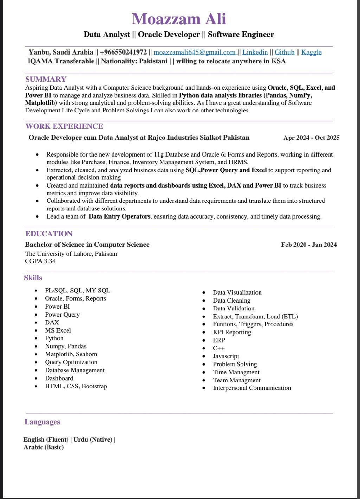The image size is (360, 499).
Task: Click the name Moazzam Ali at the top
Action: (x=179, y=19)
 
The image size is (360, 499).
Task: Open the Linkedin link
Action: (x=255, y=52)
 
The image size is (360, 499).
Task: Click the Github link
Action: (x=284, y=52)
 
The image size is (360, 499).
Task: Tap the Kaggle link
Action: (x=311, y=52)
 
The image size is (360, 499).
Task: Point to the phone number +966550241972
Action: (x=123, y=52)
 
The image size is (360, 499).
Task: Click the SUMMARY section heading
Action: (x=46, y=79)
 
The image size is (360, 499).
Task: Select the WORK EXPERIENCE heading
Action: (x=64, y=126)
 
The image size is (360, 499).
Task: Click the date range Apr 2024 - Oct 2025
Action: (x=311, y=138)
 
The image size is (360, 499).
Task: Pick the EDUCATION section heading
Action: (x=49, y=234)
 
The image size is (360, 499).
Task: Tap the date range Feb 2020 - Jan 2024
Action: (x=309, y=245)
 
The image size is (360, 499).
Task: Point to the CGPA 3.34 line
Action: (x=40, y=261)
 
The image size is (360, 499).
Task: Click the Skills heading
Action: (x=33, y=278)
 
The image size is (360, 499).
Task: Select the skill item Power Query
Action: (x=62, y=315)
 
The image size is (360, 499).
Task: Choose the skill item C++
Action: (x=219, y=348)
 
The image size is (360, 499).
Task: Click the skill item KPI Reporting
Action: (x=232, y=332)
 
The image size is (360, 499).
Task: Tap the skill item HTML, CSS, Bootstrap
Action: (x=76, y=386)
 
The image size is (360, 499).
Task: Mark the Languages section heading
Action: (x=42, y=422)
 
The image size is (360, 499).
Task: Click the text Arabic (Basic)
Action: (x=44, y=447)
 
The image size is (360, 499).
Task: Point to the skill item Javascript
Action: (x=226, y=356)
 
